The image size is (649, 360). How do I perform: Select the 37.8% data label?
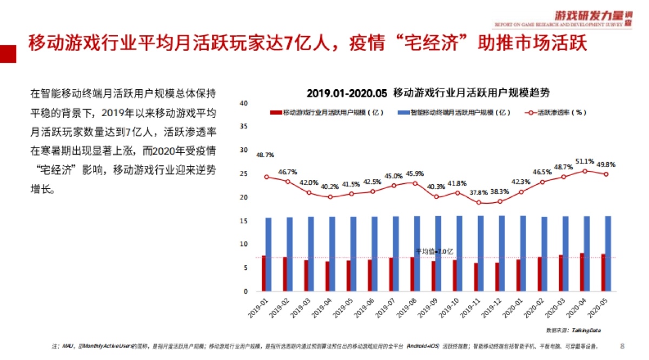pyautogui.click(x=479, y=192)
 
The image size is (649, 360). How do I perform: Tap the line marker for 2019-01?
pyautogui.click(x=267, y=177)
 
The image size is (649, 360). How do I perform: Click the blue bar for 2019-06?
pyautogui.click(x=375, y=254)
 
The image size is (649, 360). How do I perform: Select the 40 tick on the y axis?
pyautogui.click(x=243, y=103)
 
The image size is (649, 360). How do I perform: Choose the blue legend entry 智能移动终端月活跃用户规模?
pyautogui.click(x=454, y=113)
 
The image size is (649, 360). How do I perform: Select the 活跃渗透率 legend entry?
pyautogui.click(x=557, y=113)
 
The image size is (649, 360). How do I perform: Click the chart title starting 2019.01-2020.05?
pyautogui.click(x=428, y=92)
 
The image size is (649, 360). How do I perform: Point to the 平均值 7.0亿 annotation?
pyautogui.click(x=434, y=251)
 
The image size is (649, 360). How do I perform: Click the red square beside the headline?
pyautogui.click(x=8, y=53)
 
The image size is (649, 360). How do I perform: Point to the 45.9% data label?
pyautogui.click(x=415, y=174)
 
